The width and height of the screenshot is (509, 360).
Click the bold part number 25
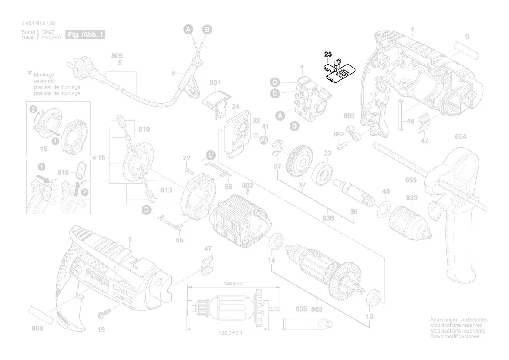(x=328, y=54)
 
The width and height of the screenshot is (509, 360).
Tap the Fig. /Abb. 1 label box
(x=85, y=34)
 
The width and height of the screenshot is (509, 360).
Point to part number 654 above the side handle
(x=461, y=137)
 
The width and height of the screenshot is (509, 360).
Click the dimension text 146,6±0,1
(x=233, y=284)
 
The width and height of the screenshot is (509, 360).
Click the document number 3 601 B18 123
(x=38, y=24)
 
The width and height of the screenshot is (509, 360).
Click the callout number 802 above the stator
(x=247, y=186)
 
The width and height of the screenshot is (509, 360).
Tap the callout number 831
(x=215, y=83)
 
